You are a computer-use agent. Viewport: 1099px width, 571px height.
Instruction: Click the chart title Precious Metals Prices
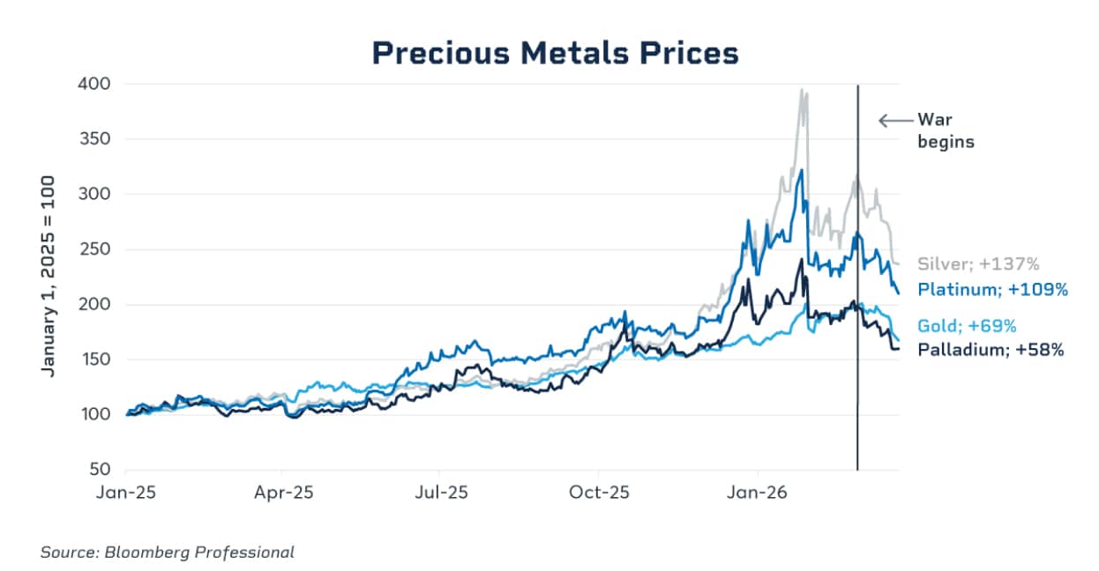(555, 53)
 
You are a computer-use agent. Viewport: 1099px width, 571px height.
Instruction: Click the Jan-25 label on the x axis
(126, 493)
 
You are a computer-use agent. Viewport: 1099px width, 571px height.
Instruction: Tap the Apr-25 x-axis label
(283, 493)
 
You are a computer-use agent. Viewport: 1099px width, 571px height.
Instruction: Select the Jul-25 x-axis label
(440, 493)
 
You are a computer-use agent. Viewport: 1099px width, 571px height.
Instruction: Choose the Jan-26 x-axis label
(758, 493)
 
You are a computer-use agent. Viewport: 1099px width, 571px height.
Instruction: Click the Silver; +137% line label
(980, 263)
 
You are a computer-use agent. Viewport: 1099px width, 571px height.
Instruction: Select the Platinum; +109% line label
(992, 289)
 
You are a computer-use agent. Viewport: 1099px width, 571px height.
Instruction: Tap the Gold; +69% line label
(967, 324)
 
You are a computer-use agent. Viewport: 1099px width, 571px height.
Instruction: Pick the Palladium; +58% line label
(991, 350)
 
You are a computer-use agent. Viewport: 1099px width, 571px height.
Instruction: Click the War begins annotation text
(946, 130)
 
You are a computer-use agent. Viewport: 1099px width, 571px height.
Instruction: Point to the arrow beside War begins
(893, 121)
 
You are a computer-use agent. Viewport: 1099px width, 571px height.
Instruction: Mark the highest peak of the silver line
(801, 89)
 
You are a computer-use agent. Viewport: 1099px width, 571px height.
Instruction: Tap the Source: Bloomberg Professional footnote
(167, 552)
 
